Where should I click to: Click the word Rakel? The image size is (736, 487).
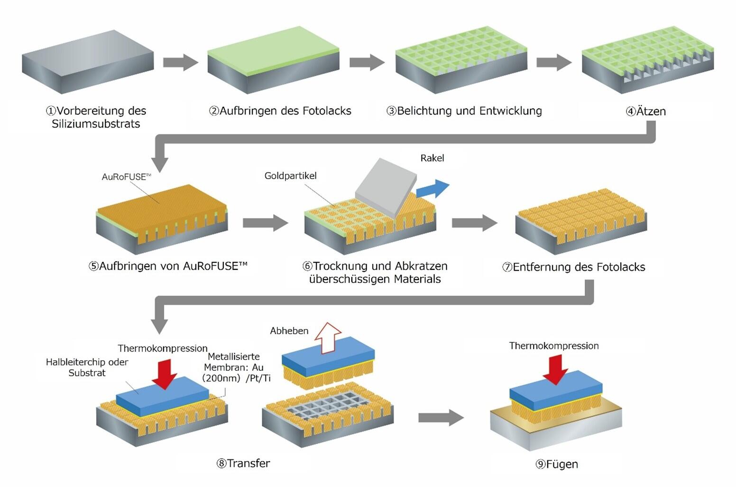click(x=432, y=158)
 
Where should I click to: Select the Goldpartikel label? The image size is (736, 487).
click(x=290, y=175)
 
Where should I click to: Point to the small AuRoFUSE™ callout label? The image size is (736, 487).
click(x=126, y=176)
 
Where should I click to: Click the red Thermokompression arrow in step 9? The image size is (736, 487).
click(x=555, y=368)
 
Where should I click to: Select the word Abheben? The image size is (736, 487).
click(x=289, y=331)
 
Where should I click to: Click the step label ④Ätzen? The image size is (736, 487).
click(x=646, y=111)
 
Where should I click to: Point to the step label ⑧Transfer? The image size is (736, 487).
click(x=243, y=463)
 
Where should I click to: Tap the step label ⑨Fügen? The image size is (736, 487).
click(x=557, y=464)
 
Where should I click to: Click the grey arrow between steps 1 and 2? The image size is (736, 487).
click(x=180, y=62)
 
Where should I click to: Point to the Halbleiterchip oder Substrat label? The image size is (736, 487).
click(x=87, y=367)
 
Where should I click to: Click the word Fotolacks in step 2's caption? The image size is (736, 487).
click(x=329, y=111)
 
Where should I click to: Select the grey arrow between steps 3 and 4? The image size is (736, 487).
click(x=553, y=62)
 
